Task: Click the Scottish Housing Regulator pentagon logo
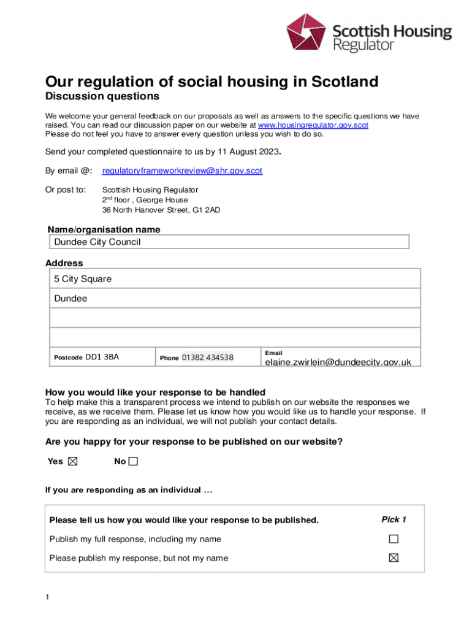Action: pyautogui.click(x=307, y=35)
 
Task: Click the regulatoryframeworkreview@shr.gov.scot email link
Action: pyautogui.click(x=182, y=171)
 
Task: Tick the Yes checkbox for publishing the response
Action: pyautogui.click(x=72, y=462)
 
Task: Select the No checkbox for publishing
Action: pyautogui.click(x=133, y=462)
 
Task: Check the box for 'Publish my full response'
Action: pyautogui.click(x=394, y=539)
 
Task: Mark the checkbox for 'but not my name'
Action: pyautogui.click(x=394, y=558)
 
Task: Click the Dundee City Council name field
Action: pyautogui.click(x=228, y=242)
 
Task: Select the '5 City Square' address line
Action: pyautogui.click(x=83, y=279)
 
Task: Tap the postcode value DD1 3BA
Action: pyautogui.click(x=102, y=357)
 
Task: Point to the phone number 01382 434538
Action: pyautogui.click(x=207, y=358)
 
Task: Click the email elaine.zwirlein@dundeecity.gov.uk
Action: pyautogui.click(x=338, y=362)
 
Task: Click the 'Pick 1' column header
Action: pyautogui.click(x=394, y=519)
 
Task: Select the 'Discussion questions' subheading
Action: pyautogui.click(x=102, y=97)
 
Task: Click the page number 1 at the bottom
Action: pyautogui.click(x=48, y=597)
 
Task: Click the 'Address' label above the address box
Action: pyautogui.click(x=64, y=263)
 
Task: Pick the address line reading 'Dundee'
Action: pyautogui.click(x=70, y=299)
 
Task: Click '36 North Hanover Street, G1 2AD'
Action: pyautogui.click(x=161, y=210)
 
